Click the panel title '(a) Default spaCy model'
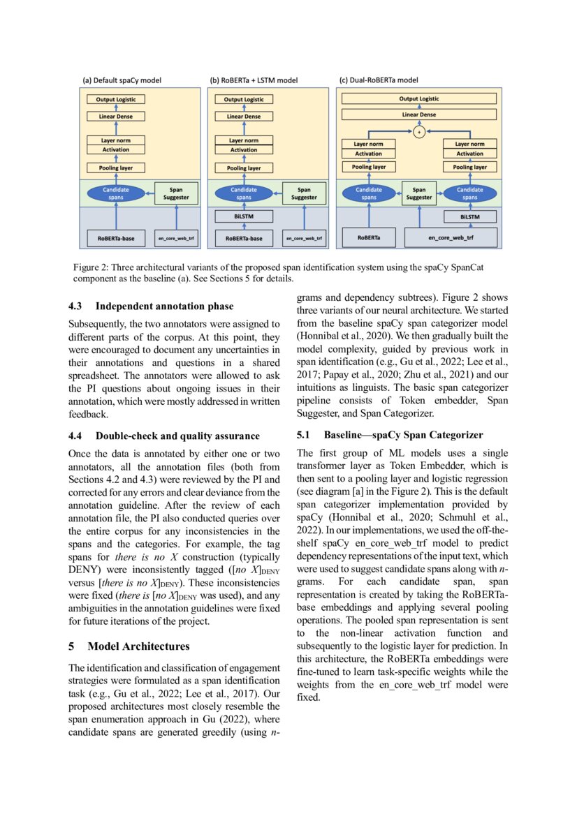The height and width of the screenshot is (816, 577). [x=122, y=80]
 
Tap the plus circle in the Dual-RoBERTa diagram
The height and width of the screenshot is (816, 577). [x=419, y=131]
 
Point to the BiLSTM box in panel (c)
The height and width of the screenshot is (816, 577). [x=469, y=217]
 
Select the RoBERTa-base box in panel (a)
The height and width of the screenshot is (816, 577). [x=116, y=239]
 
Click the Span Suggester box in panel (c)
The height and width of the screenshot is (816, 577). [x=419, y=193]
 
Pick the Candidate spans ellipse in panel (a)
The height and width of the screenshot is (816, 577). [x=116, y=193]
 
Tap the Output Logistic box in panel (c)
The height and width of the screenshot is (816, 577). [x=419, y=99]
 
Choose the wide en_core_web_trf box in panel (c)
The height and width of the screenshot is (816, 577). [x=451, y=239]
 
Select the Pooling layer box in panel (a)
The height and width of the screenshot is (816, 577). [x=116, y=168]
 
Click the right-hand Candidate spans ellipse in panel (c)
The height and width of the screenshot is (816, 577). [x=469, y=193]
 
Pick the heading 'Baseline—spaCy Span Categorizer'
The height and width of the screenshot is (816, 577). [x=403, y=434]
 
